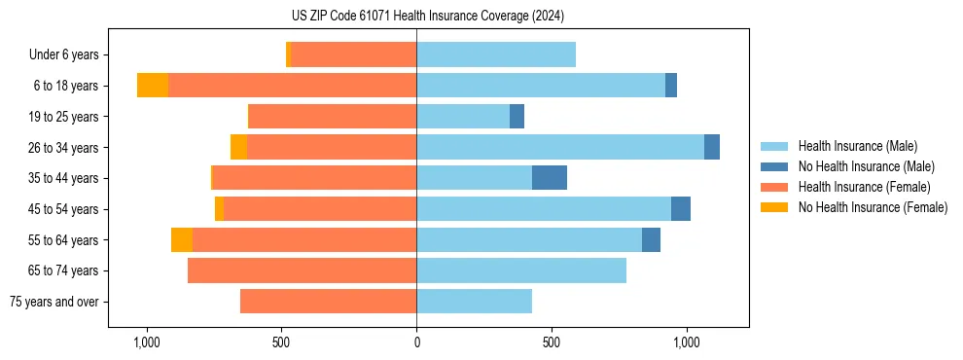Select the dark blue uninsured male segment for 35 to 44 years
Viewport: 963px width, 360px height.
coord(549,178)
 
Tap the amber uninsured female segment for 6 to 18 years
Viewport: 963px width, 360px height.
coord(152,86)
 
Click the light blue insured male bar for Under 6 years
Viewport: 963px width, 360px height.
coord(496,54)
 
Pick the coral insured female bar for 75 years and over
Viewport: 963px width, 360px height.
coord(328,302)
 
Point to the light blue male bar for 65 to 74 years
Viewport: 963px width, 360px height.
coord(521,270)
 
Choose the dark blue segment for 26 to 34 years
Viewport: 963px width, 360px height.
coord(712,147)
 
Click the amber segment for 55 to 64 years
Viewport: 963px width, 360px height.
coord(182,239)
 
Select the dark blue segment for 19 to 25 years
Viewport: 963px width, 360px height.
coord(517,117)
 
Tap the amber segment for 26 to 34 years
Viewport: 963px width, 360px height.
coord(238,147)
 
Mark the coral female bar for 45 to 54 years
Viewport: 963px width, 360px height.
coord(320,209)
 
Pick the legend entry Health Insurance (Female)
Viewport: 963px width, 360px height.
coord(864,187)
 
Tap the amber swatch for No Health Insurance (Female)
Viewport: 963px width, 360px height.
coord(774,207)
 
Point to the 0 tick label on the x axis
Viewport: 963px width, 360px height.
coord(416,343)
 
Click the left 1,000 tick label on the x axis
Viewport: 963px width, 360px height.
coord(146,343)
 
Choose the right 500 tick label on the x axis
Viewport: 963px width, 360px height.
coord(552,343)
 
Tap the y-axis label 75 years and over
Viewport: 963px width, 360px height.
coord(54,302)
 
